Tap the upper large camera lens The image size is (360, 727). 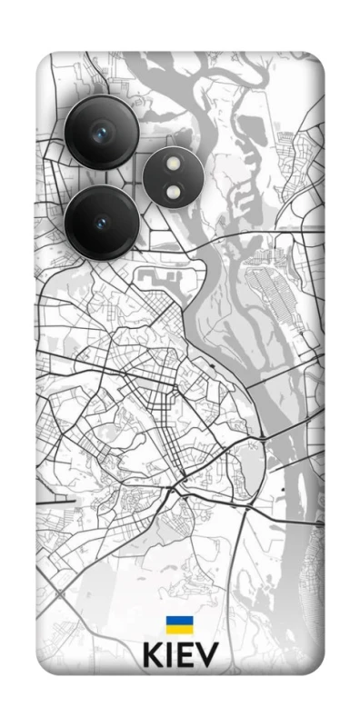click(x=101, y=133)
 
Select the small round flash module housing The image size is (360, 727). click(x=171, y=178)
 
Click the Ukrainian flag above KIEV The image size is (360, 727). click(x=177, y=624)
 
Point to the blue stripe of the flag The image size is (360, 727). click(x=177, y=621)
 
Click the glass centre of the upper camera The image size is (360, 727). click(x=99, y=134)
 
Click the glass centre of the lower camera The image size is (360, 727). click(x=99, y=223)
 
